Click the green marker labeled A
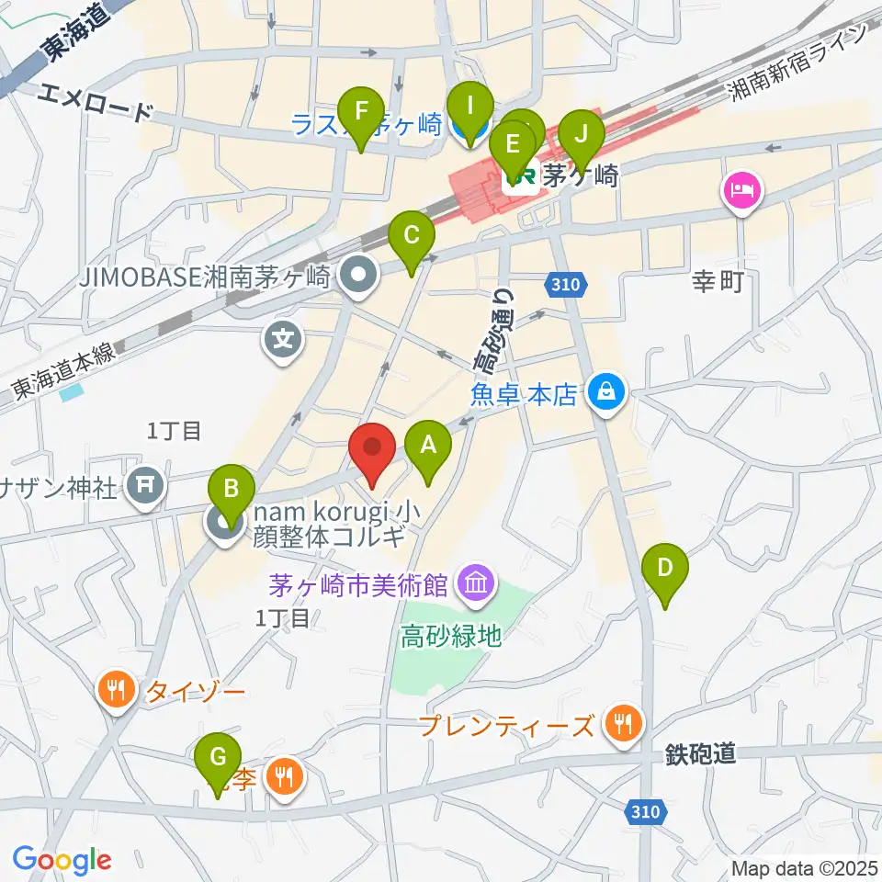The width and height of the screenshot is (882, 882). click(427, 447)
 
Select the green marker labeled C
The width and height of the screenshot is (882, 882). click(411, 238)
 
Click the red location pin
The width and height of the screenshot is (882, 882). click(373, 449)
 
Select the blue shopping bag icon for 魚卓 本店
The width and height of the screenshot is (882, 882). click(606, 393)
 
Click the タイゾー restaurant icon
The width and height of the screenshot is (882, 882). click(116, 691)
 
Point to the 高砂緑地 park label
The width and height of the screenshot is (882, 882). click(450, 636)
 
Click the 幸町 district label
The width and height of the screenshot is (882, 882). click(717, 282)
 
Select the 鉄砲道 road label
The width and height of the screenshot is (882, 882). click(699, 755)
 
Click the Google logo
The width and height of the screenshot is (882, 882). click(62, 860)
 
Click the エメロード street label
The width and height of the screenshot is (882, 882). click(97, 102)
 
